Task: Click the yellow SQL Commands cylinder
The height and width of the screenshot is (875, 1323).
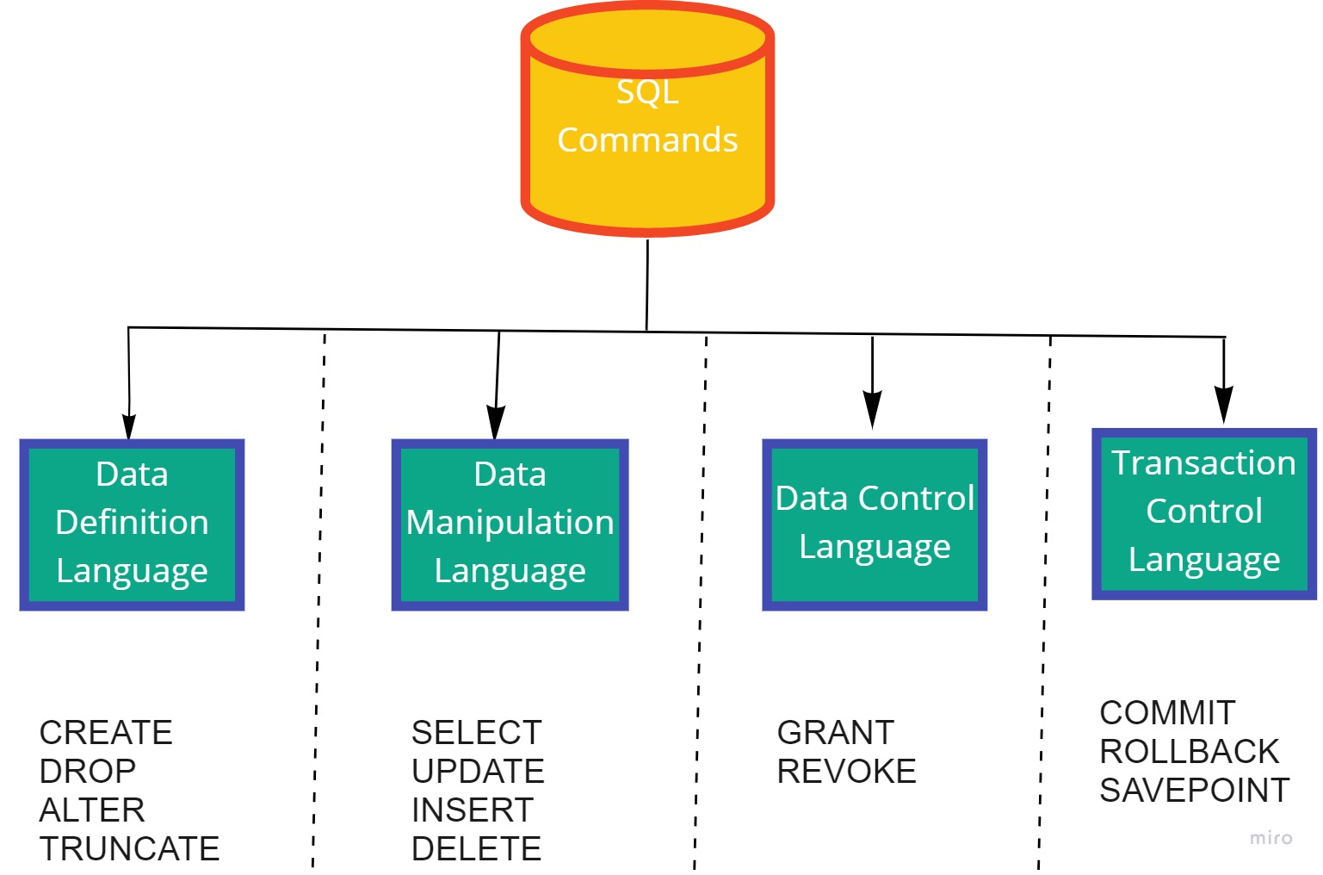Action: [x=647, y=121]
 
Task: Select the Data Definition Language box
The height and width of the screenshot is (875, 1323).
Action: [x=132, y=524]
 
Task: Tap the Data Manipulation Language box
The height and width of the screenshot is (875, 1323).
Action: [x=510, y=524]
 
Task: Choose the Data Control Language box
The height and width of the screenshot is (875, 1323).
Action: [x=875, y=524]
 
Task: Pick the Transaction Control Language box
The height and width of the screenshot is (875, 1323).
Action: [x=1204, y=513]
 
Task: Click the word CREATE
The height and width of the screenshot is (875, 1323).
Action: [x=106, y=733]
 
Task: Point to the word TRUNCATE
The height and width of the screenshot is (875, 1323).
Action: [x=129, y=849]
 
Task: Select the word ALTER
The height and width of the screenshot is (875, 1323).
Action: [x=92, y=810]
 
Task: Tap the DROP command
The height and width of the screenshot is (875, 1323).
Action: [x=88, y=772]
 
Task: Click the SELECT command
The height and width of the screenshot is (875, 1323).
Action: [x=476, y=733]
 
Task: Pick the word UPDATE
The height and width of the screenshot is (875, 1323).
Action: [x=478, y=772]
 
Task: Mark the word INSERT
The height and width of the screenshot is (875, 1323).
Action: [x=473, y=810]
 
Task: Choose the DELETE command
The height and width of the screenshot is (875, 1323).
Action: [x=476, y=849]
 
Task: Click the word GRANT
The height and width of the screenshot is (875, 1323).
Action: [x=836, y=733]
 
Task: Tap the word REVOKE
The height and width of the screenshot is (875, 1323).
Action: [x=846, y=772]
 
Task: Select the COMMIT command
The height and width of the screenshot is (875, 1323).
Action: [x=1167, y=713]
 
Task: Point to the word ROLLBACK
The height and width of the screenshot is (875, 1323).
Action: [x=1190, y=752]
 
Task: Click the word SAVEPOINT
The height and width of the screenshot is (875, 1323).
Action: [x=1195, y=791]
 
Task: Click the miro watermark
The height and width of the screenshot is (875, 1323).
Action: [x=1270, y=838]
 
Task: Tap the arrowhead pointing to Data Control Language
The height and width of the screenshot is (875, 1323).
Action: [x=873, y=409]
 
